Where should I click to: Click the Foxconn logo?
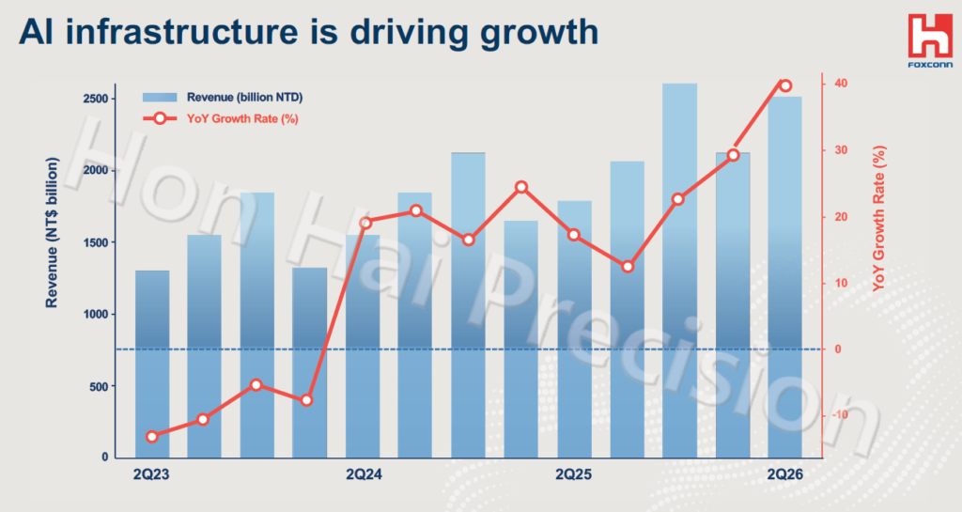[x=930, y=40]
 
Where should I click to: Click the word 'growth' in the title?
[x=539, y=32]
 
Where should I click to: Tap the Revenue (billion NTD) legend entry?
[x=223, y=98]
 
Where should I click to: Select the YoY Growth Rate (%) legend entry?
[x=221, y=118]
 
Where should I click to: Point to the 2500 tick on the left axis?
[x=95, y=99]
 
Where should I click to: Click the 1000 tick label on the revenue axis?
[x=95, y=314]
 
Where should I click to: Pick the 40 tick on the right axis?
[x=841, y=83]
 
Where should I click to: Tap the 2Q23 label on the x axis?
[x=151, y=474]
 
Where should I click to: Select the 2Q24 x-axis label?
[x=364, y=474]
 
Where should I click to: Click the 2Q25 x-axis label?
[x=574, y=474]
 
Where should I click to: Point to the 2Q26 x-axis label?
[x=784, y=474]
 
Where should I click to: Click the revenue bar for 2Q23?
[x=152, y=365]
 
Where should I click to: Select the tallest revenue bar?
[x=679, y=271]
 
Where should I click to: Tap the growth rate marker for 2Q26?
[x=784, y=85]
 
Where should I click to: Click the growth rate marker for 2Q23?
[x=152, y=437]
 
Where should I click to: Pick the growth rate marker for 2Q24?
[x=365, y=223]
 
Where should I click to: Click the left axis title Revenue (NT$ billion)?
[x=52, y=232]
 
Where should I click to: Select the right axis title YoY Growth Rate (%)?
[x=879, y=218]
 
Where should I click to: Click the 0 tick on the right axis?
[x=837, y=349]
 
